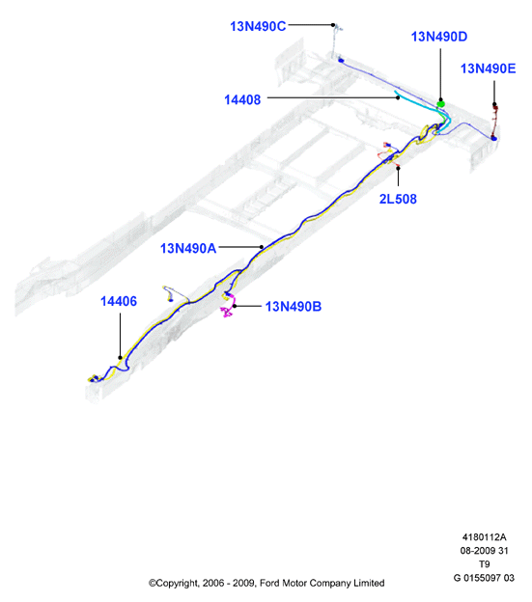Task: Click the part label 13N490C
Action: (x=258, y=26)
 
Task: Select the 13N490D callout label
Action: (x=439, y=37)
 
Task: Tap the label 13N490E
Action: (x=489, y=68)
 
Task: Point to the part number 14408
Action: (x=242, y=99)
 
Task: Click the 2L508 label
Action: (x=398, y=199)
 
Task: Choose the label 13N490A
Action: (x=188, y=248)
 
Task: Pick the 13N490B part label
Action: (x=294, y=307)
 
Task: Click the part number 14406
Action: (x=119, y=301)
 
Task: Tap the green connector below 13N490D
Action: (x=441, y=103)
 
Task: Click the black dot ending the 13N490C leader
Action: (x=333, y=25)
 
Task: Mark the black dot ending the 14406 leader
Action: (x=121, y=357)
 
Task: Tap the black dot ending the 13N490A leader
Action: (x=262, y=247)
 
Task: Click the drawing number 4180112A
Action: (x=484, y=537)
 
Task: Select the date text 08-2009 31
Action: (x=484, y=551)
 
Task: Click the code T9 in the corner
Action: (x=485, y=564)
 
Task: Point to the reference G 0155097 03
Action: (x=484, y=578)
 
